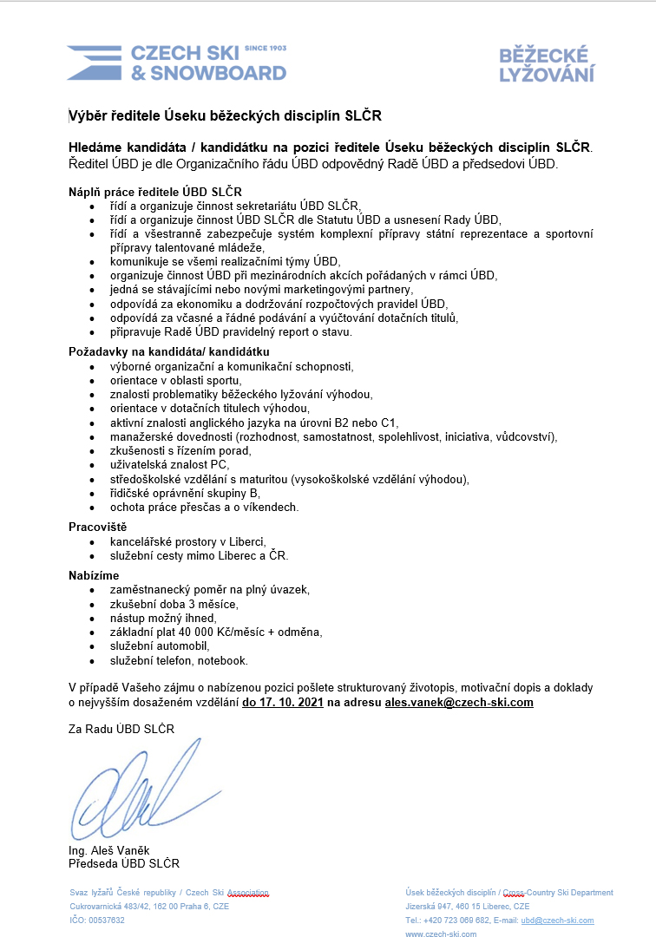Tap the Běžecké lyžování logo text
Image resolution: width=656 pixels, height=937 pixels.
547,65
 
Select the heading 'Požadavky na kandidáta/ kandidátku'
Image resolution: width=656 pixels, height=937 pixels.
169,351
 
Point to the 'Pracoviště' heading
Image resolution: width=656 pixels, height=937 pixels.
98,526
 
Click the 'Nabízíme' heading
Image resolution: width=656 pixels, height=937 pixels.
94,575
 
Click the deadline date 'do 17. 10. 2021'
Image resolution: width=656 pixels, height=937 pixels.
283,702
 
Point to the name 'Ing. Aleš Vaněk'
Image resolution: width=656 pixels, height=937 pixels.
109,850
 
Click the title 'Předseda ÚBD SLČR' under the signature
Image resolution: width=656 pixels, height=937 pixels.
124,863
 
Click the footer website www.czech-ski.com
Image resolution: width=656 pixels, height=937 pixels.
441,934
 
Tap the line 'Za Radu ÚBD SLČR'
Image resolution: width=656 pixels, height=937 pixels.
121,729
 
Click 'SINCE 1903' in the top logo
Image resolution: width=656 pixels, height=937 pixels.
266,49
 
